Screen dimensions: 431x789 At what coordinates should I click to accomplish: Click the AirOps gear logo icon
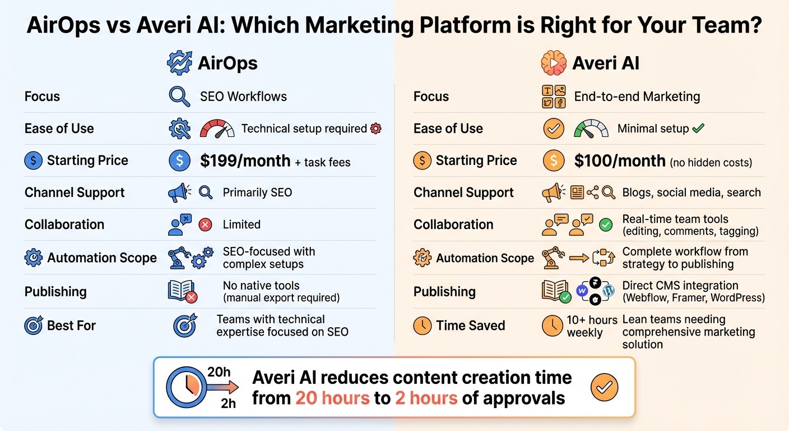tap(179, 63)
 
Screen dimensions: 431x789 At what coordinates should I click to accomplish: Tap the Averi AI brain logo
tap(554, 63)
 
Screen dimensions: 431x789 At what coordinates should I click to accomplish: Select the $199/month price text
tap(245, 161)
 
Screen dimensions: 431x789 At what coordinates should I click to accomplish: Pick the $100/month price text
tap(620, 161)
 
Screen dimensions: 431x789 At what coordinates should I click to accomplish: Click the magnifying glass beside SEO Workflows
tap(179, 97)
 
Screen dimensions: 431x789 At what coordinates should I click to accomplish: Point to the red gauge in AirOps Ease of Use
tap(217, 129)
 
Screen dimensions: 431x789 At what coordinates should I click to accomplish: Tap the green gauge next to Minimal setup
tap(591, 129)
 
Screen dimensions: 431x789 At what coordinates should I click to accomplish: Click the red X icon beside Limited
tap(206, 225)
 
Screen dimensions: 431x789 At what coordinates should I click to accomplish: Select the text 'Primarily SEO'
tap(257, 192)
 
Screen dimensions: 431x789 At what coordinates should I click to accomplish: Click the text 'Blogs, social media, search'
tap(691, 192)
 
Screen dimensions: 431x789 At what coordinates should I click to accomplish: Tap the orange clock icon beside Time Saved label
tap(422, 325)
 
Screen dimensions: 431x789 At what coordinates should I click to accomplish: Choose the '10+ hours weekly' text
tap(592, 326)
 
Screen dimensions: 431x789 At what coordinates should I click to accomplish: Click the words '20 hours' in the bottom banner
tap(332, 398)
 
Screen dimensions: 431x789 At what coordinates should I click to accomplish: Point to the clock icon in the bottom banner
tap(185, 387)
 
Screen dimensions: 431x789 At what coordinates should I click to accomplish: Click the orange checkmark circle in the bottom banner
tap(605, 387)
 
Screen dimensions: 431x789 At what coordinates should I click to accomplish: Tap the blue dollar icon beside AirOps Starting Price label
tap(33, 161)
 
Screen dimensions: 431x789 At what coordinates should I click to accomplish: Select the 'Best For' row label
tap(71, 325)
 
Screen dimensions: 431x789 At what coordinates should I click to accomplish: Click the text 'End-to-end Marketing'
tap(637, 97)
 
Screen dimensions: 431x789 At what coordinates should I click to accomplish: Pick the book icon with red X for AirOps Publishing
tap(182, 291)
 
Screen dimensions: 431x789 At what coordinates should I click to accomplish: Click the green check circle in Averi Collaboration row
tap(606, 225)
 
